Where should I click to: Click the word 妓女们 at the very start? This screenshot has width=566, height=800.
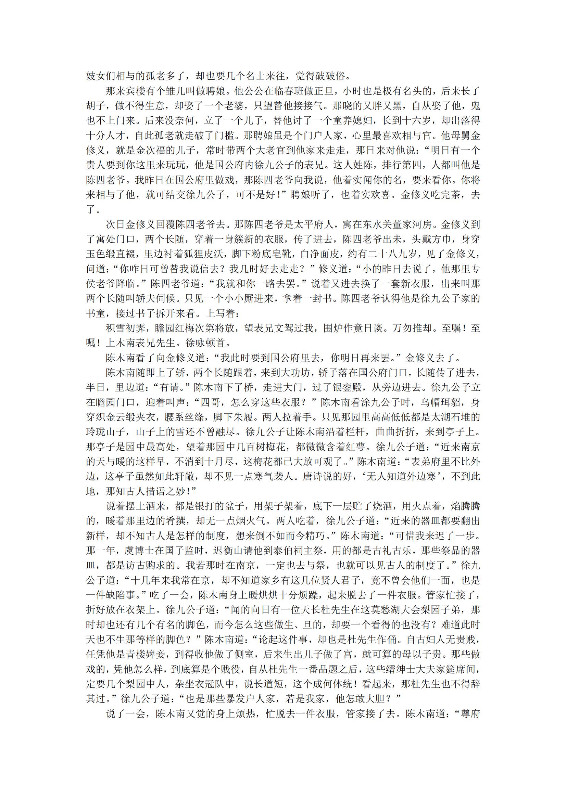pos(100,76)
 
